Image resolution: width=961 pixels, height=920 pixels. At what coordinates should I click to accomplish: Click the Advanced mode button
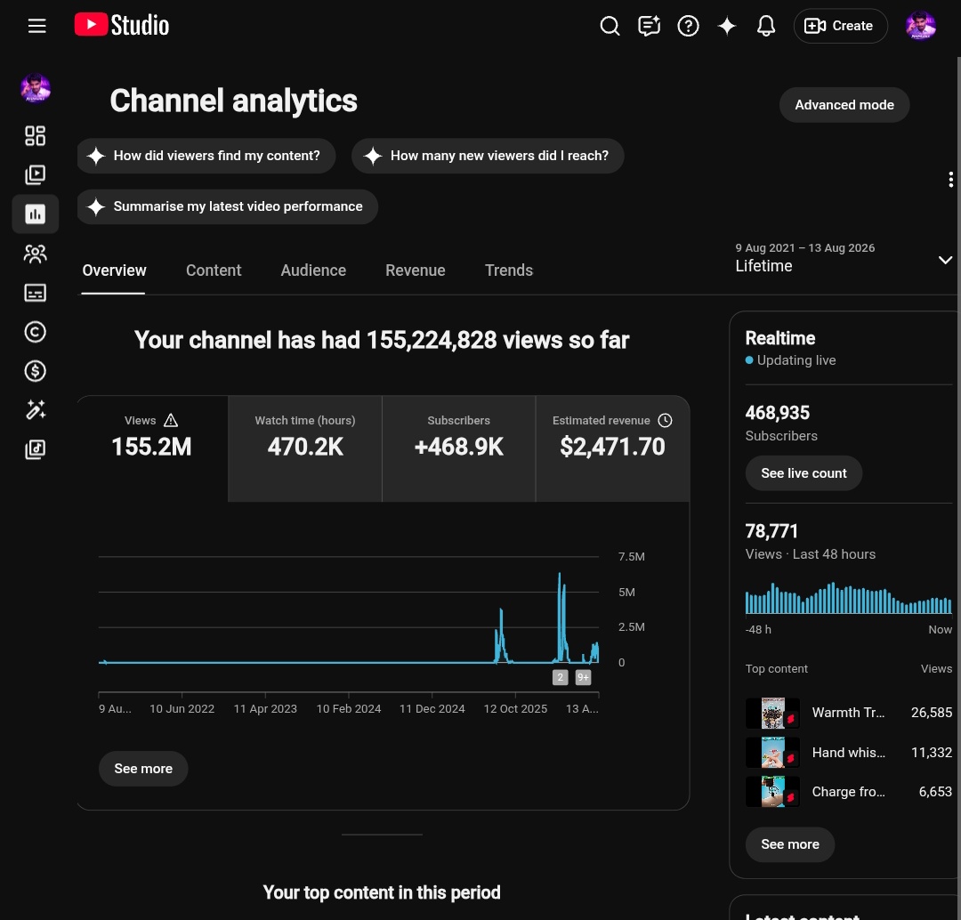pos(844,105)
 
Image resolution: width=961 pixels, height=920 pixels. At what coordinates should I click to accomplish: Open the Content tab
pos(214,270)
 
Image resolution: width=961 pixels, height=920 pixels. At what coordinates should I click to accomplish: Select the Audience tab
pos(313,270)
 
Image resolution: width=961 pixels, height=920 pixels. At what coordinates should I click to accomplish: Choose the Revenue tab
pos(415,270)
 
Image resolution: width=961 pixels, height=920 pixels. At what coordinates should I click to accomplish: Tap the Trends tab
pos(509,270)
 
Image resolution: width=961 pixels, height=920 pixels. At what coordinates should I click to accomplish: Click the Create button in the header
pos(840,26)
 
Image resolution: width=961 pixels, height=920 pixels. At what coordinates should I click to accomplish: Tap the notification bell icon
pos(765,26)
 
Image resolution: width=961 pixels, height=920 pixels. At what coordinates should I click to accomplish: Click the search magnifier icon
pos(610,26)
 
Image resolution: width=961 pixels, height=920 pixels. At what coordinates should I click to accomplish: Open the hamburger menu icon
pos(36,26)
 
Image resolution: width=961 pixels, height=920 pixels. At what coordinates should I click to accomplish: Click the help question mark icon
pos(688,26)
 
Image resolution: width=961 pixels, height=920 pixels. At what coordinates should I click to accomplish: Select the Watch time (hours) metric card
pos(305,448)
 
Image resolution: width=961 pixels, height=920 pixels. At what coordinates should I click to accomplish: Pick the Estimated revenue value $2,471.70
pos(612,447)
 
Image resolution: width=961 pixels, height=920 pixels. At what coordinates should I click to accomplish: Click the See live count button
pos(804,473)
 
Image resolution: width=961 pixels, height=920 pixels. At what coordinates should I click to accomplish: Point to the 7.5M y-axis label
pos(631,556)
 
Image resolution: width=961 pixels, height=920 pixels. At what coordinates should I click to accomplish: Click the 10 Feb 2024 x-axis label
pos(348,708)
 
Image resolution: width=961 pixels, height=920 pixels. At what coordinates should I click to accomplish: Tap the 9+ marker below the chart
pos(583,677)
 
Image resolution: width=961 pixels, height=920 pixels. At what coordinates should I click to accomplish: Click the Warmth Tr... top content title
pos(848,713)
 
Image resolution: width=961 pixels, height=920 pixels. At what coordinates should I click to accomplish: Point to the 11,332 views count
pos(932,753)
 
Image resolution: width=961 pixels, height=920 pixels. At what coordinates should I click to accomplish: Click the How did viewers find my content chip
pos(206,156)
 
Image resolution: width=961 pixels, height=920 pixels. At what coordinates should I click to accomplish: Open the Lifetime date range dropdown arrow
pos(945,260)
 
